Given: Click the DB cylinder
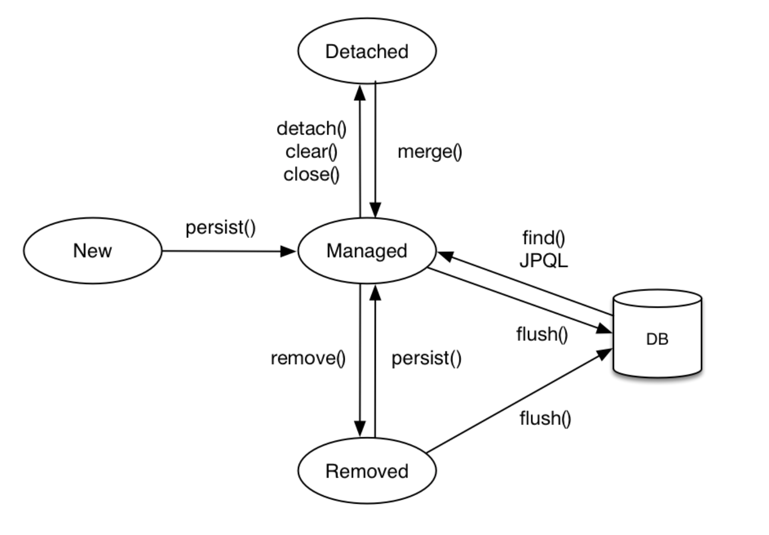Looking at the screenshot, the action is (x=658, y=333).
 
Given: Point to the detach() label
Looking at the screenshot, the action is (x=312, y=129).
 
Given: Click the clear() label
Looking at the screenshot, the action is (x=312, y=151).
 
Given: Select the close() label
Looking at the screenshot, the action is (x=312, y=174).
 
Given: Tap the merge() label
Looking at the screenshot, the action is (x=430, y=152).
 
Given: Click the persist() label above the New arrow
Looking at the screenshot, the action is (x=221, y=228).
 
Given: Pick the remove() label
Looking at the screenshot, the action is (x=308, y=358).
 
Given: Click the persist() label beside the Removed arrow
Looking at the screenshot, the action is (x=427, y=358).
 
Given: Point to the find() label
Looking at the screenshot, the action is (x=544, y=238).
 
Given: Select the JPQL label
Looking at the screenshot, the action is (x=544, y=261).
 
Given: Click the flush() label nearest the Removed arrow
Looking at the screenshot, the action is (x=546, y=418).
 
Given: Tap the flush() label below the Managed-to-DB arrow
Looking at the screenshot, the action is (x=542, y=334).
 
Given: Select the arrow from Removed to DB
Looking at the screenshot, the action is (x=519, y=400).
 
